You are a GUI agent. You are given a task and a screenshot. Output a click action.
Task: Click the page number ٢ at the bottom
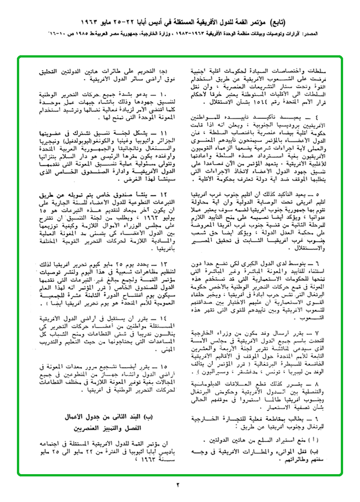point(180,485)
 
